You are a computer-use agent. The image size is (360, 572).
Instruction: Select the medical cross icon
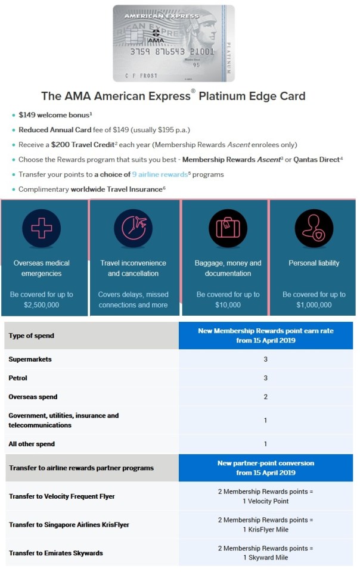41,228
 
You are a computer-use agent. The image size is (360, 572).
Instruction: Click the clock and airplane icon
134,228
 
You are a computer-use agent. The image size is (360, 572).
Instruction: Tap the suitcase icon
228,229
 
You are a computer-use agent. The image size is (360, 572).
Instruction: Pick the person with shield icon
314,228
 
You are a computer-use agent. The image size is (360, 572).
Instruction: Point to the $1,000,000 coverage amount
314,305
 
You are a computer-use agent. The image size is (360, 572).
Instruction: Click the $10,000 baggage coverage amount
228,305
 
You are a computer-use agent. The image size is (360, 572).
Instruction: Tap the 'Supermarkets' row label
30,359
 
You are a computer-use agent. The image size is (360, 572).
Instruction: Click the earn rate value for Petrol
265,378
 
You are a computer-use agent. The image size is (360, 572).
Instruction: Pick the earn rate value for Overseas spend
265,397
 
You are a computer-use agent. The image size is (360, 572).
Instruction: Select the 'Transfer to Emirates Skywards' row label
56,553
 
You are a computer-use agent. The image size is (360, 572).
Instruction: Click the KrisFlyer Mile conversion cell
265,524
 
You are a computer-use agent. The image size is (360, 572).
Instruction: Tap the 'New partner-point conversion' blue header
265,468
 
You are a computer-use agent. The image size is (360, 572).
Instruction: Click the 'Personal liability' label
314,263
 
